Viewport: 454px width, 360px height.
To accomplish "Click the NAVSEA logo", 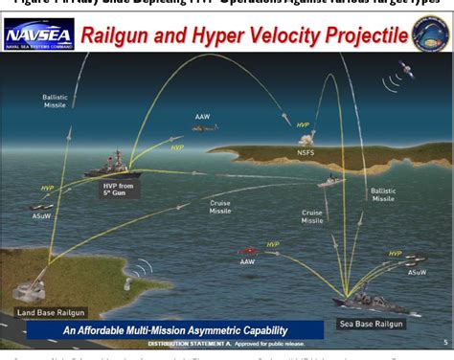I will (38, 37).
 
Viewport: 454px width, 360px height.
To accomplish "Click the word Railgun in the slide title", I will (122, 37).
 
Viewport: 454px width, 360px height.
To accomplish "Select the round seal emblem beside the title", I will (430, 36).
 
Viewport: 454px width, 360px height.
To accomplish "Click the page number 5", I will (444, 341).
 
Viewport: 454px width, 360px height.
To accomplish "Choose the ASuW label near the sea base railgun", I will (417, 272).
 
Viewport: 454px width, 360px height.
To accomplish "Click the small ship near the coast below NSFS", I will (328, 180).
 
